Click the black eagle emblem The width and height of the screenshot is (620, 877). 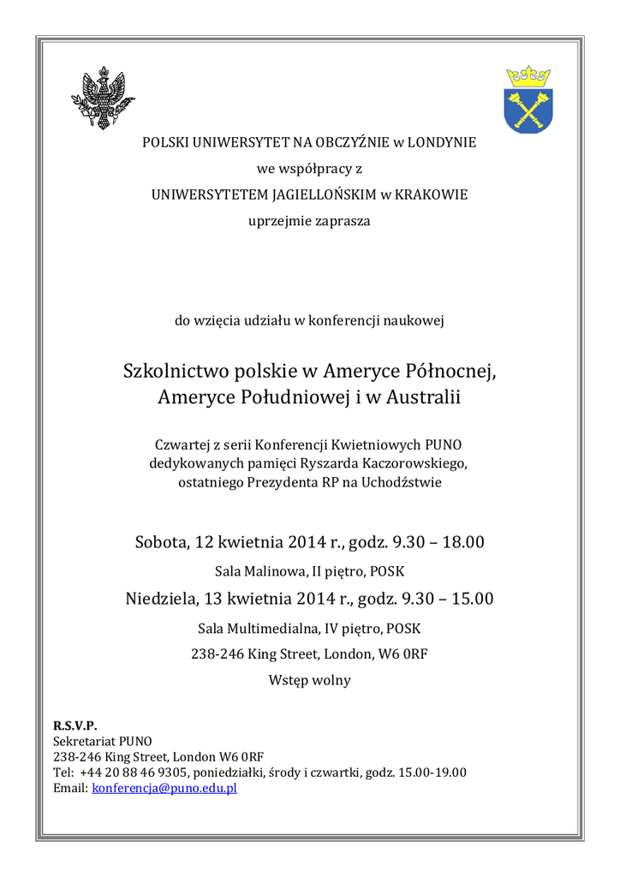point(103,98)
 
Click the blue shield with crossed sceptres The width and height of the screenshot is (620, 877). point(528,106)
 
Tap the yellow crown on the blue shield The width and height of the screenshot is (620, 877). point(528,75)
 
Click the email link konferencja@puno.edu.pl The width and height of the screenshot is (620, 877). point(164,788)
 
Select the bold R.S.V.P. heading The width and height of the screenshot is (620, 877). point(75,725)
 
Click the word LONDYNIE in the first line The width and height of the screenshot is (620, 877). point(441,142)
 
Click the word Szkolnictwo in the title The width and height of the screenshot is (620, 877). point(171,372)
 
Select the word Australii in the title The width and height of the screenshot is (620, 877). point(422,398)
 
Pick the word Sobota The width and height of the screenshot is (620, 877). point(161,542)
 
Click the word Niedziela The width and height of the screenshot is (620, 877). point(163,598)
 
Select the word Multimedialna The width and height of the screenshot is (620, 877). point(272,628)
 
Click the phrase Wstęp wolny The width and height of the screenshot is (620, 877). point(309,681)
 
